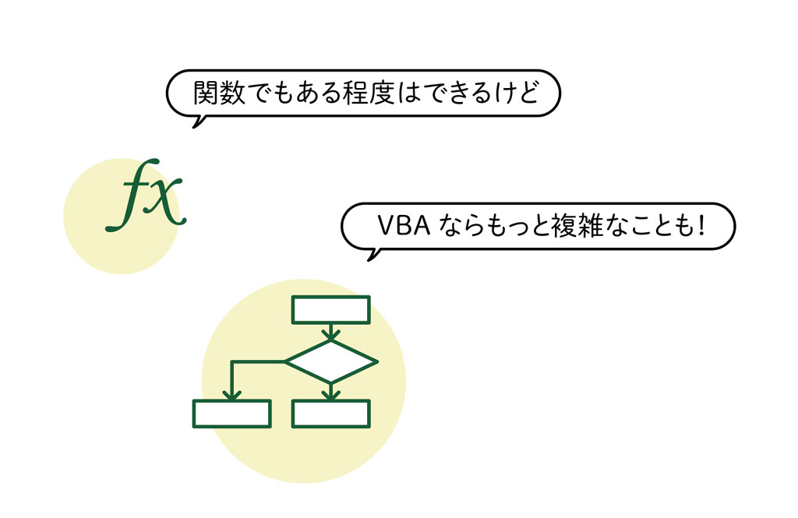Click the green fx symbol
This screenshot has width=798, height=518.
146,196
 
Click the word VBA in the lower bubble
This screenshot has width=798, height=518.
404,226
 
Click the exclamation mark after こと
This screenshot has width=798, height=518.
702,226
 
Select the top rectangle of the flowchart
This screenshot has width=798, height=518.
330,310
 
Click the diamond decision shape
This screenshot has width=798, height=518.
330,361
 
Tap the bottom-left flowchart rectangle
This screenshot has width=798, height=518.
231,414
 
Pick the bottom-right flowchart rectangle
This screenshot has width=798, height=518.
330,414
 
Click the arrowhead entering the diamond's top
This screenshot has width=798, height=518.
330,335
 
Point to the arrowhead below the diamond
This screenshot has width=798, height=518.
330,394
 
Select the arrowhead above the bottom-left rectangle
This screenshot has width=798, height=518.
231,394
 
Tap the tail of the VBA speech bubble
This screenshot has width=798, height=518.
373,255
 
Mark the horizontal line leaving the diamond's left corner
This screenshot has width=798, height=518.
259,361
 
